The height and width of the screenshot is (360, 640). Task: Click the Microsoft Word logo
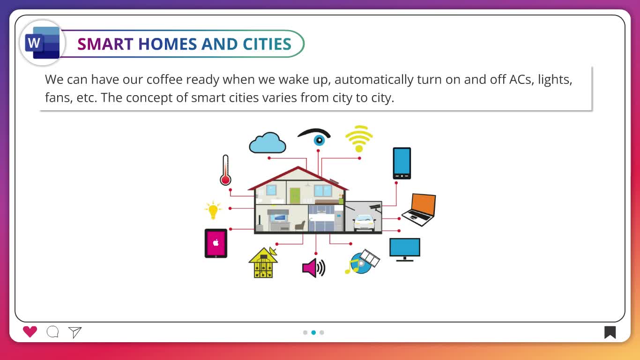point(42,43)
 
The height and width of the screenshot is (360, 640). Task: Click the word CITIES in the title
point(267,44)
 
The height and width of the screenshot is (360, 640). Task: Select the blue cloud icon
point(268,142)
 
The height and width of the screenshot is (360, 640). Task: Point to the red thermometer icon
point(225,170)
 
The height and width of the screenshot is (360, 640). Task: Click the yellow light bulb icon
point(213,210)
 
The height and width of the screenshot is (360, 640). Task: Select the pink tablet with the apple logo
point(216,243)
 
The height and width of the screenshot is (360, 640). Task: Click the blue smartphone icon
point(402,163)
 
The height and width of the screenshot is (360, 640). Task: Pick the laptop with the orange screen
point(419,210)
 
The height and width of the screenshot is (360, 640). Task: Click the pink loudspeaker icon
point(313,268)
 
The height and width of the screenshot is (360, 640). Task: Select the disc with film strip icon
point(362,262)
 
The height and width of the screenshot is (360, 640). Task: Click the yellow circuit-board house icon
point(263,262)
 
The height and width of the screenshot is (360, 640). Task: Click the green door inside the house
point(295,195)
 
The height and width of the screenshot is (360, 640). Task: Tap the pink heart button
point(30,332)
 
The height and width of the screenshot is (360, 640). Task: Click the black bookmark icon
point(610,332)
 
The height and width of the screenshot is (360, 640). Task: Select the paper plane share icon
point(75,332)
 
